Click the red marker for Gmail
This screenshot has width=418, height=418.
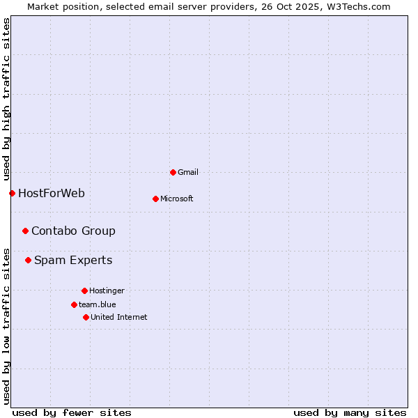tap(173, 172)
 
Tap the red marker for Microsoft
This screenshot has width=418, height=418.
tap(155, 199)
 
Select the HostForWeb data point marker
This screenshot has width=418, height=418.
tap(12, 193)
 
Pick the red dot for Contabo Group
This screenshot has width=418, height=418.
tap(25, 231)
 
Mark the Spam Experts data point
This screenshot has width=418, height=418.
tap(28, 260)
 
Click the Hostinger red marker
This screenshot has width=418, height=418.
tap(84, 291)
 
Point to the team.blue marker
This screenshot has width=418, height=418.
tap(74, 304)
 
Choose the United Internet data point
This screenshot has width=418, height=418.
tap(86, 317)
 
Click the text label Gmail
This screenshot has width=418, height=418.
tap(188, 172)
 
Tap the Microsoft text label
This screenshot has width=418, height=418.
tap(177, 199)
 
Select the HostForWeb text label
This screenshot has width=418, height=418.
tap(52, 193)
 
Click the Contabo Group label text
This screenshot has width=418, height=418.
tap(73, 231)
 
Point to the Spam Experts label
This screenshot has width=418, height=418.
tap(73, 260)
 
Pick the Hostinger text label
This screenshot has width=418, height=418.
tap(107, 291)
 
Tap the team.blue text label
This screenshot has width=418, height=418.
tap(98, 304)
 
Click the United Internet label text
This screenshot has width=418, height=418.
tap(119, 317)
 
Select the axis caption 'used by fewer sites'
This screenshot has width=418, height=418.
tap(72, 412)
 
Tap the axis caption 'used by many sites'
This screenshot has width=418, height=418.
tap(350, 412)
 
